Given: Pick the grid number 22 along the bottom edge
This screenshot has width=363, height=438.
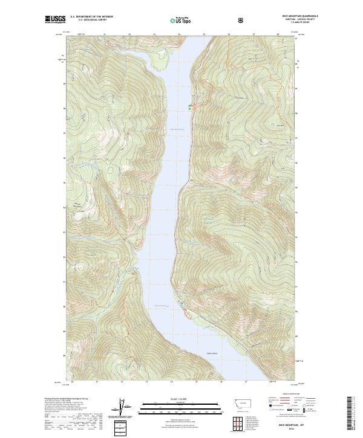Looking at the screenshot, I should (122, 382).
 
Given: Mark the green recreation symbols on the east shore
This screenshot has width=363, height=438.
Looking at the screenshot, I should (189, 107).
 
